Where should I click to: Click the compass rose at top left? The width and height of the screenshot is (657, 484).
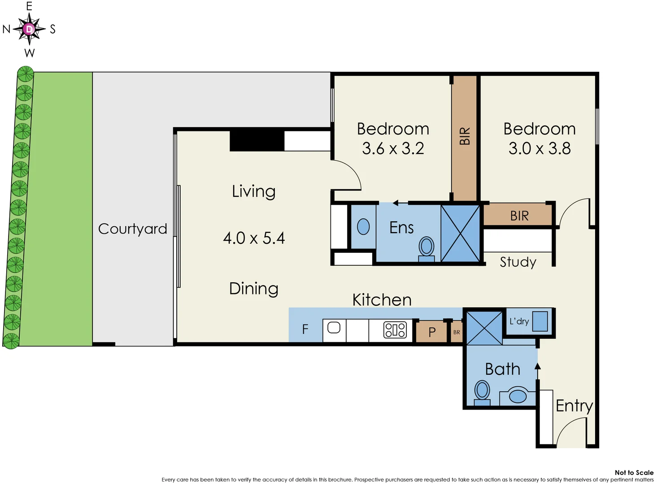point(29,29)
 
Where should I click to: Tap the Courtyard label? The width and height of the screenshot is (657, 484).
point(132,229)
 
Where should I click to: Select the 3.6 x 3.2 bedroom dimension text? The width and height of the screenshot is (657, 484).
point(393,148)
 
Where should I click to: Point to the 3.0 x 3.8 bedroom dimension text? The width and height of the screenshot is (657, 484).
point(540,148)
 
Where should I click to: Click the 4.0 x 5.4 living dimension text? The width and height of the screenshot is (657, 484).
point(254,238)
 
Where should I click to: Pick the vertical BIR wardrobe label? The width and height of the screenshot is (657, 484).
point(465,136)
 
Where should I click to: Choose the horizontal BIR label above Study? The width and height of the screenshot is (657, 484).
point(519,216)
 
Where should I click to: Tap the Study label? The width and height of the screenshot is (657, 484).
point(518,262)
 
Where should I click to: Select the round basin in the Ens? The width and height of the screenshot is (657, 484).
point(363,227)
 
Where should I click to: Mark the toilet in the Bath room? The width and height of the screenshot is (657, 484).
point(482,392)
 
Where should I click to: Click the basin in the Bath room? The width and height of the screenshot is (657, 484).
point(518,396)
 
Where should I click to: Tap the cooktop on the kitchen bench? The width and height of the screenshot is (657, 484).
point(395,330)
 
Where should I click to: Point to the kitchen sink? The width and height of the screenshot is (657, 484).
point(334,328)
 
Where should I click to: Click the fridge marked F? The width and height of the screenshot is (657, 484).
point(305,329)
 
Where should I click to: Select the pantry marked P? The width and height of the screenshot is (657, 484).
point(432,332)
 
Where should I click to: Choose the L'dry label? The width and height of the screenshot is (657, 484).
point(519,321)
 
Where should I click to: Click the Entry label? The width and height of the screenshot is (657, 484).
point(574,406)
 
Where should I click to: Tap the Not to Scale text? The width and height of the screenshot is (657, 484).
point(634,472)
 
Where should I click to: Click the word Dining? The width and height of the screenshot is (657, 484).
point(254,289)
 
